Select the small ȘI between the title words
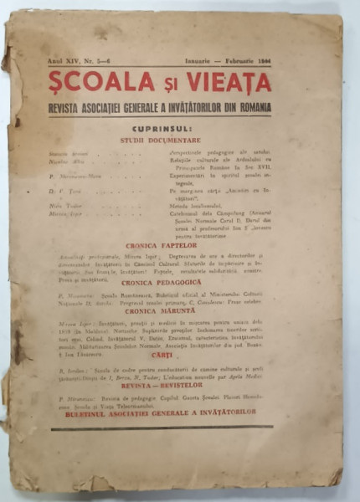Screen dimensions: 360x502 (x=162, y=85)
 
